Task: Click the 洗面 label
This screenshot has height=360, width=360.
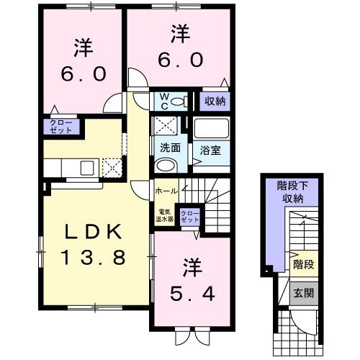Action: pyautogui.click(x=169, y=148)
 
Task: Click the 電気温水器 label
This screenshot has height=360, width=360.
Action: pyautogui.click(x=165, y=215)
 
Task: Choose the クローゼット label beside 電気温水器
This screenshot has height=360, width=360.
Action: pyautogui.click(x=190, y=217)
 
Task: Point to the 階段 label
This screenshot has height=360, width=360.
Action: pyautogui.click(x=303, y=264)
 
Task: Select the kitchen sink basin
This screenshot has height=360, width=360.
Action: pyautogui.click(x=86, y=168)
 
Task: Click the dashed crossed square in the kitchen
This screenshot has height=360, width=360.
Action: pyautogui.click(x=112, y=168)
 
